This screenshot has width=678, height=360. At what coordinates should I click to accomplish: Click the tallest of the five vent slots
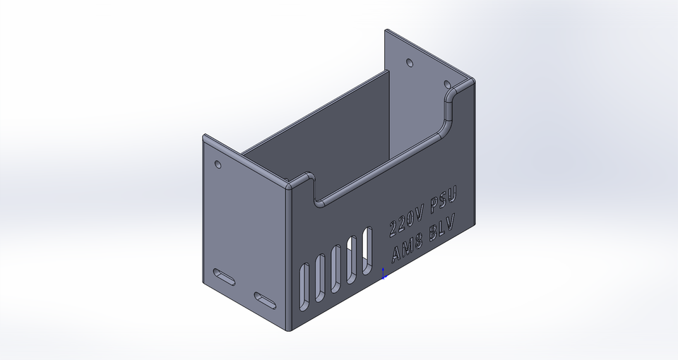pos(367,251)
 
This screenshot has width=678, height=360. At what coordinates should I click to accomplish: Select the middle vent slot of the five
pos(336,268)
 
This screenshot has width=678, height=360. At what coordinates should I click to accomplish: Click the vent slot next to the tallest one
pos(352,259)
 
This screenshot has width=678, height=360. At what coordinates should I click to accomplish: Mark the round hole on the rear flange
pos(410,63)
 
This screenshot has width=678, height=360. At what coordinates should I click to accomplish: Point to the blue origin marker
pos(383,274)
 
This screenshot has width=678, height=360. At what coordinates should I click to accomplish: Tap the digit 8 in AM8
pos(418,241)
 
